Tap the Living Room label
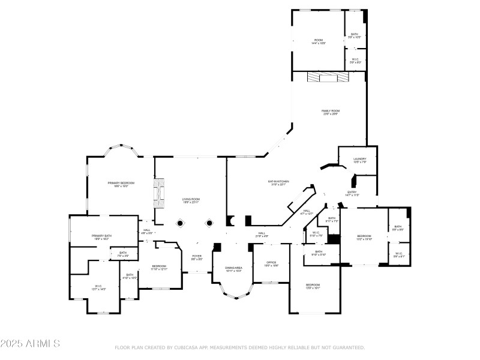[x=191, y=200]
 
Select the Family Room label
[x=331, y=112]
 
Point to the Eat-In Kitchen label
[x=278, y=182]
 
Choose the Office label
[x=271, y=263]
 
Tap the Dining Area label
[x=233, y=269]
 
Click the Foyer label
[x=196, y=257]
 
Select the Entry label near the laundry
[x=352, y=193]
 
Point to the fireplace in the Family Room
[x=327, y=77]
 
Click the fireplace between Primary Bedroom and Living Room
[x=159, y=192]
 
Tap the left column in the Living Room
[x=179, y=223]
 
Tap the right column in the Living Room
[x=209, y=223]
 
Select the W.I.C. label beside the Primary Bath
[x=99, y=287]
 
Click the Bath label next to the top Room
[x=355, y=35]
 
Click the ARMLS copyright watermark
[x=30, y=344]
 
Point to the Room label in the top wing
[x=318, y=41]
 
